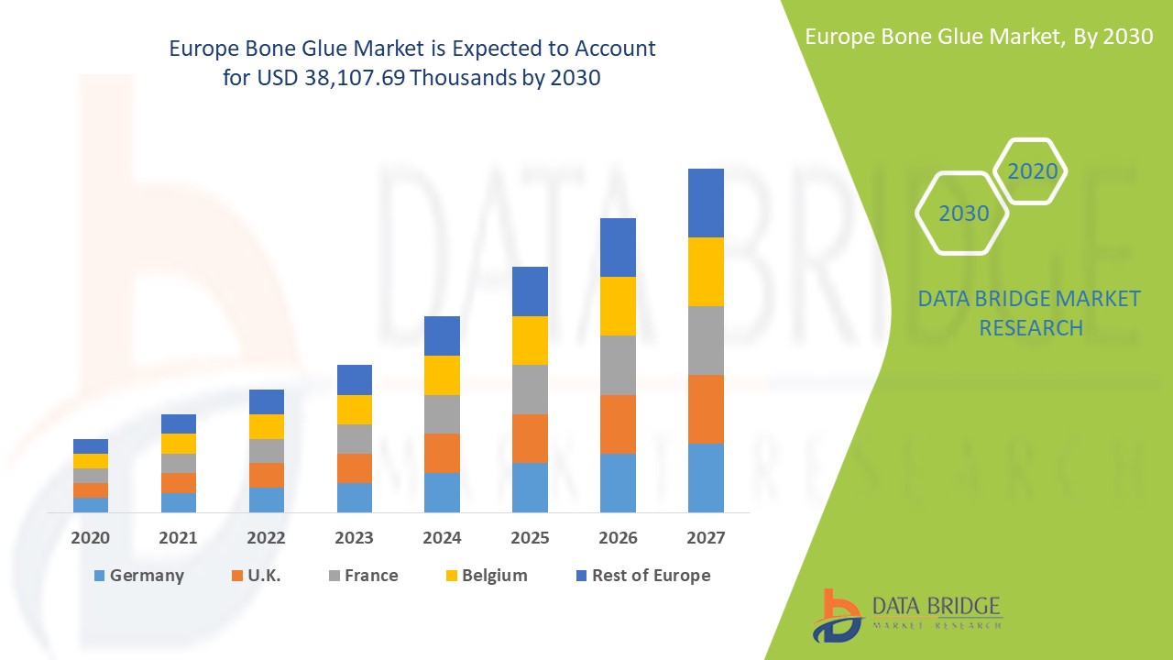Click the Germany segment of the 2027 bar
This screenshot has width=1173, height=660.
pyautogui.click(x=706, y=478)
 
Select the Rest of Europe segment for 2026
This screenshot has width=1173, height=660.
pyautogui.click(x=618, y=247)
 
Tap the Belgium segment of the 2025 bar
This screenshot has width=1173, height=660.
pyautogui.click(x=530, y=340)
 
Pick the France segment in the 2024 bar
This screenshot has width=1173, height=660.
pyautogui.click(x=442, y=414)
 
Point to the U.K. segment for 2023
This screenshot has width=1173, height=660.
pyautogui.click(x=355, y=467)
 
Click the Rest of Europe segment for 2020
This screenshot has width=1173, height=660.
pyautogui.click(x=91, y=446)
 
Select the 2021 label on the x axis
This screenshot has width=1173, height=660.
pyautogui.click(x=178, y=538)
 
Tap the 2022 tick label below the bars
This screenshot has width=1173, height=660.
pyautogui.click(x=266, y=538)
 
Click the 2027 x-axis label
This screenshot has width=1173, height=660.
pyautogui.click(x=706, y=538)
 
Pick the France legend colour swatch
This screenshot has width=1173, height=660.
pyautogui.click(x=334, y=576)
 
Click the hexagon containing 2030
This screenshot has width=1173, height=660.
pyautogui.click(x=962, y=214)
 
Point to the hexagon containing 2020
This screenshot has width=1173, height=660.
pyautogui.click(x=1032, y=171)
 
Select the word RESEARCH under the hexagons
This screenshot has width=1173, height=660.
pyautogui.click(x=1031, y=327)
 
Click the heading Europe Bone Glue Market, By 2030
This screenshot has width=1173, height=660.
pyautogui.click(x=978, y=36)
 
